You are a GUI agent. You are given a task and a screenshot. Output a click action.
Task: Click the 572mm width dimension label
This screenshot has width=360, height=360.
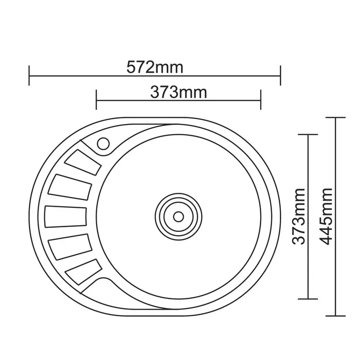(x=155, y=67)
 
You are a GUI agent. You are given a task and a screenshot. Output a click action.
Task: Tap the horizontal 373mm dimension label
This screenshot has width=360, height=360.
(x=178, y=92)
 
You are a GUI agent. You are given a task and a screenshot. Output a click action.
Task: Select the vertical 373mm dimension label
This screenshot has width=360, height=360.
(x=299, y=217)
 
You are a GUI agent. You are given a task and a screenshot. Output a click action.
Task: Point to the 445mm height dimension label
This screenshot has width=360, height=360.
(x=326, y=217)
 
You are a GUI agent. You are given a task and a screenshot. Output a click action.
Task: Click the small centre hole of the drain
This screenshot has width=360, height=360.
(x=178, y=217)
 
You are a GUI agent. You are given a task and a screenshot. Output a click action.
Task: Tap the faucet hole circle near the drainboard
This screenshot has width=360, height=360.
(x=103, y=143)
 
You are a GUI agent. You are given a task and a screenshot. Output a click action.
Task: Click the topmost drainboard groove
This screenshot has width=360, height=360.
(x=83, y=163)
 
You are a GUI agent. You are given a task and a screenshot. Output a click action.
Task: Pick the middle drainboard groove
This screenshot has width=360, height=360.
(x=66, y=217)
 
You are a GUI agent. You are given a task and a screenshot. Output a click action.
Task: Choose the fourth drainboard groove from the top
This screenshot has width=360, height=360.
(x=70, y=247)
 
